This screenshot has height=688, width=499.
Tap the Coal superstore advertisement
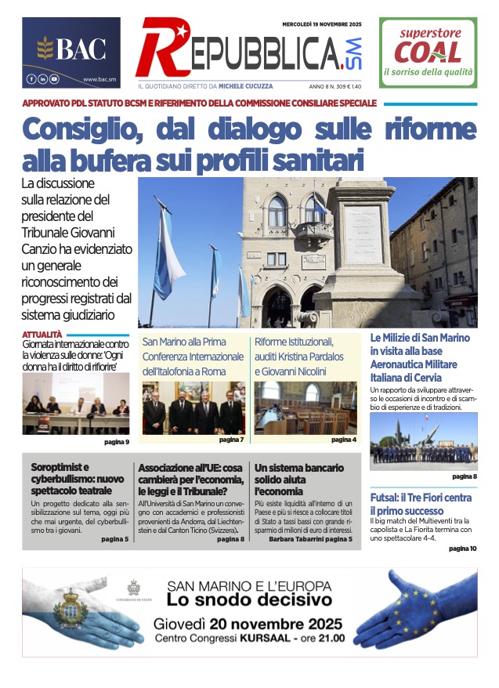pyautogui.click(x=428, y=53)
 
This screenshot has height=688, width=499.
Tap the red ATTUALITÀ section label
pyautogui.click(x=42, y=335)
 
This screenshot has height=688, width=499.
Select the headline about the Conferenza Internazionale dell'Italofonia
pyautogui.click(x=193, y=357)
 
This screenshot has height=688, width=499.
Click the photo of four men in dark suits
pyautogui.click(x=193, y=408)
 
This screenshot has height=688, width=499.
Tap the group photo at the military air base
pyautogui.click(x=423, y=441)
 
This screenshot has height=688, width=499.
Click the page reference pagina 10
pyautogui.click(x=462, y=549)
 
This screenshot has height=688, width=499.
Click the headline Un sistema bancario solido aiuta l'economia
pyautogui.click(x=299, y=480)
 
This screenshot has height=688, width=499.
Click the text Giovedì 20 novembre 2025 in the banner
pyautogui.click(x=248, y=625)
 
